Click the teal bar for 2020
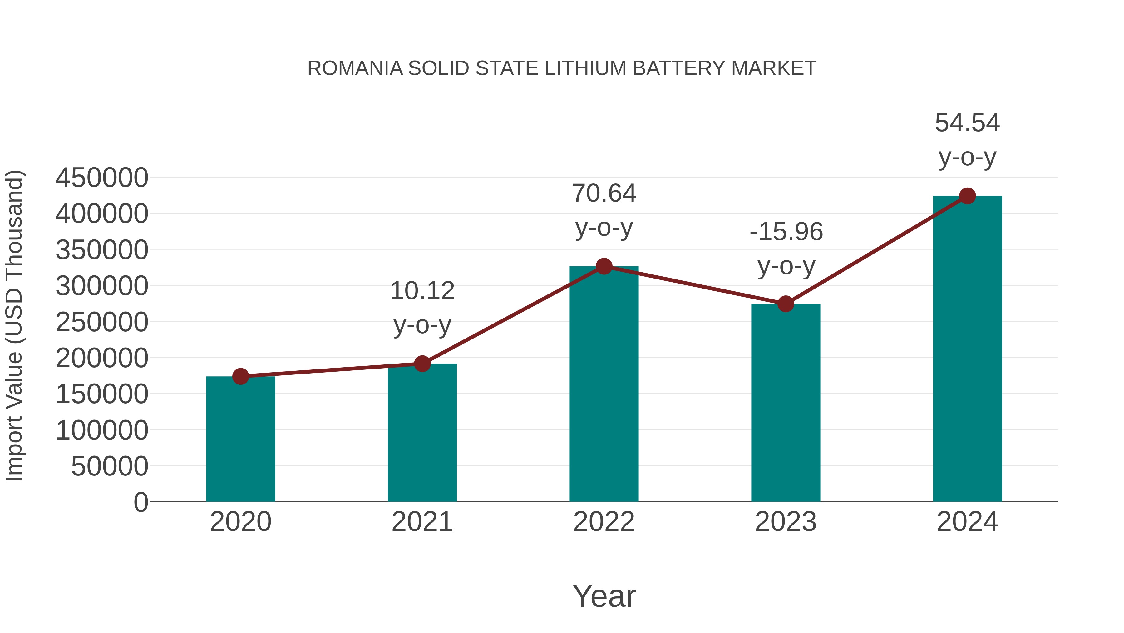point(240,439)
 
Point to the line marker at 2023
point(786,304)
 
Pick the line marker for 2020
point(240,376)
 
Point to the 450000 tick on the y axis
point(102,178)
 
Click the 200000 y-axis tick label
point(102,358)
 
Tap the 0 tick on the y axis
point(140,502)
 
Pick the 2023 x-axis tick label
point(786,522)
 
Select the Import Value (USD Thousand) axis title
point(14,325)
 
